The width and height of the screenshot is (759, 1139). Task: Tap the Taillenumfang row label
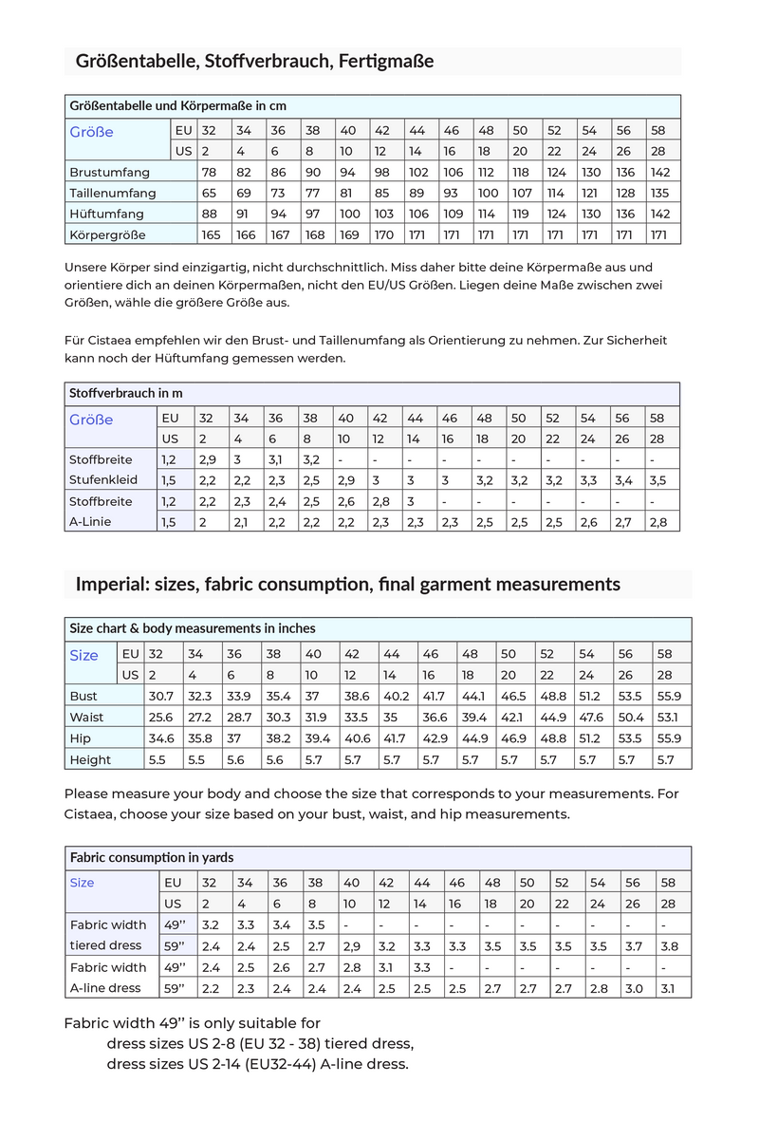(x=112, y=193)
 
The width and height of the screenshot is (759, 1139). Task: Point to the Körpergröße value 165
(x=210, y=234)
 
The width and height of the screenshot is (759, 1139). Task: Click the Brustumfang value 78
(x=210, y=172)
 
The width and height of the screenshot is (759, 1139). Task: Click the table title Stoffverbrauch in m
(x=126, y=392)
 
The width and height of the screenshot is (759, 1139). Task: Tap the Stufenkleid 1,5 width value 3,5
(x=658, y=480)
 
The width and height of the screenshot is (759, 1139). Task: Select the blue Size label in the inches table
(x=83, y=655)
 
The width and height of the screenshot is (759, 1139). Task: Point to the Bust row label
(x=83, y=696)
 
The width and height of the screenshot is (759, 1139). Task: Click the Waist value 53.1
(x=668, y=717)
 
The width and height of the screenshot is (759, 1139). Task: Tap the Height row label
(x=90, y=759)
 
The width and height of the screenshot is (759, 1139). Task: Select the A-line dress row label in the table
(x=105, y=988)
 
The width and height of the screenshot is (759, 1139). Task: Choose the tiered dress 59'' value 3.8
(x=669, y=945)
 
